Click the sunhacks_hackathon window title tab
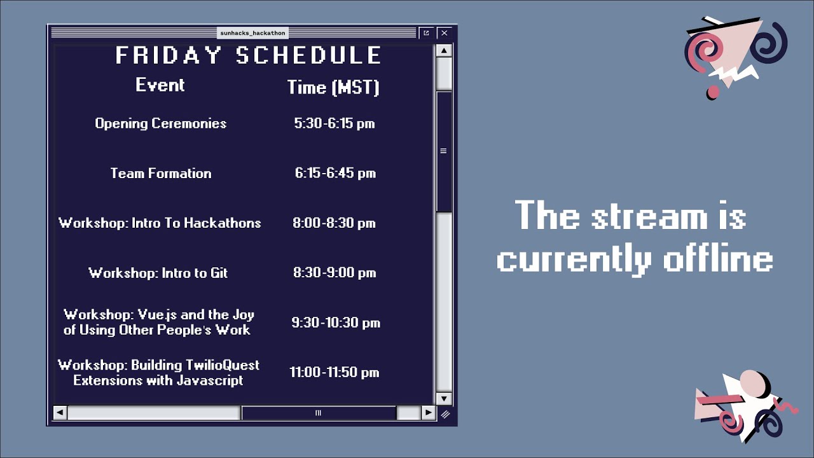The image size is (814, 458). coord(252,33)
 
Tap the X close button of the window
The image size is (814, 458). coord(444,33)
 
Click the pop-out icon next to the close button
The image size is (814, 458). coord(426,33)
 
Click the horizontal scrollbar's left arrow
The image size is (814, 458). coord(60,413)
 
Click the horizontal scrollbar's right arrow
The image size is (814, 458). coord(429,413)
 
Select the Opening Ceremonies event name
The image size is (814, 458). coord(161,123)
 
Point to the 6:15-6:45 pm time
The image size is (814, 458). coord(335,173)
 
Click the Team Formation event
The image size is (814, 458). coord(161,174)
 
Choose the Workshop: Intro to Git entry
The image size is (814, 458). coord(158,273)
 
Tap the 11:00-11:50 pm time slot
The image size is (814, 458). coord(335,372)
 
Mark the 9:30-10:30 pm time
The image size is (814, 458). coord(336,323)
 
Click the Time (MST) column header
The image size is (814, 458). coord(333,87)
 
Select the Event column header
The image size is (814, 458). coord(160,85)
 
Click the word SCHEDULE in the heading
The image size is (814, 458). coord(308,55)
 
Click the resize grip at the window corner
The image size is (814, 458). coord(445,414)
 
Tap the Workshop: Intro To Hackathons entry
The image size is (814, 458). coord(160,223)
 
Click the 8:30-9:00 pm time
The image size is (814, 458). coord(335,273)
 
